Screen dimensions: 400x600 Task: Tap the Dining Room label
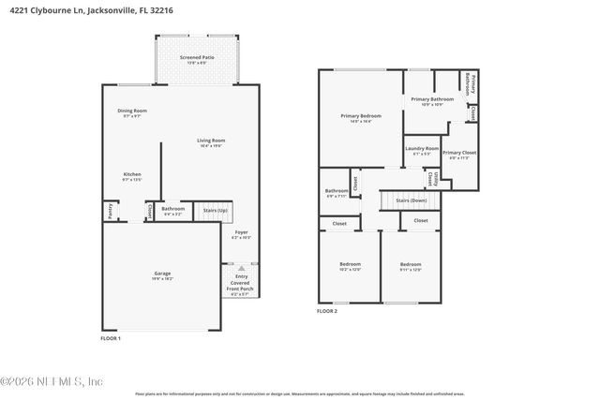point(132,111)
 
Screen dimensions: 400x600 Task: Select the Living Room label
point(210,141)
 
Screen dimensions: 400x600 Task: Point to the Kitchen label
point(132,175)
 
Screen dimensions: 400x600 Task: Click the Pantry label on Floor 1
point(110,211)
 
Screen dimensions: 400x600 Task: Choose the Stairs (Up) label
point(216,210)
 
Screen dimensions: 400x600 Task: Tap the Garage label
point(162,274)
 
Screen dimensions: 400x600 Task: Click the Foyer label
point(241,232)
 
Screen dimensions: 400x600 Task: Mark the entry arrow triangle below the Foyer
point(240,267)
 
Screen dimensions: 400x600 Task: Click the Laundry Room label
point(422,148)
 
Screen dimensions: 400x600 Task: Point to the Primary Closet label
point(459,153)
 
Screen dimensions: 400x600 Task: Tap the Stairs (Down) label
point(411,200)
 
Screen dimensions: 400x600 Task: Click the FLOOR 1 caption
point(111,337)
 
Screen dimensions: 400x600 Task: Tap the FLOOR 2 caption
point(326,310)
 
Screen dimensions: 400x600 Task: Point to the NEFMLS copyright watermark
point(52,381)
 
